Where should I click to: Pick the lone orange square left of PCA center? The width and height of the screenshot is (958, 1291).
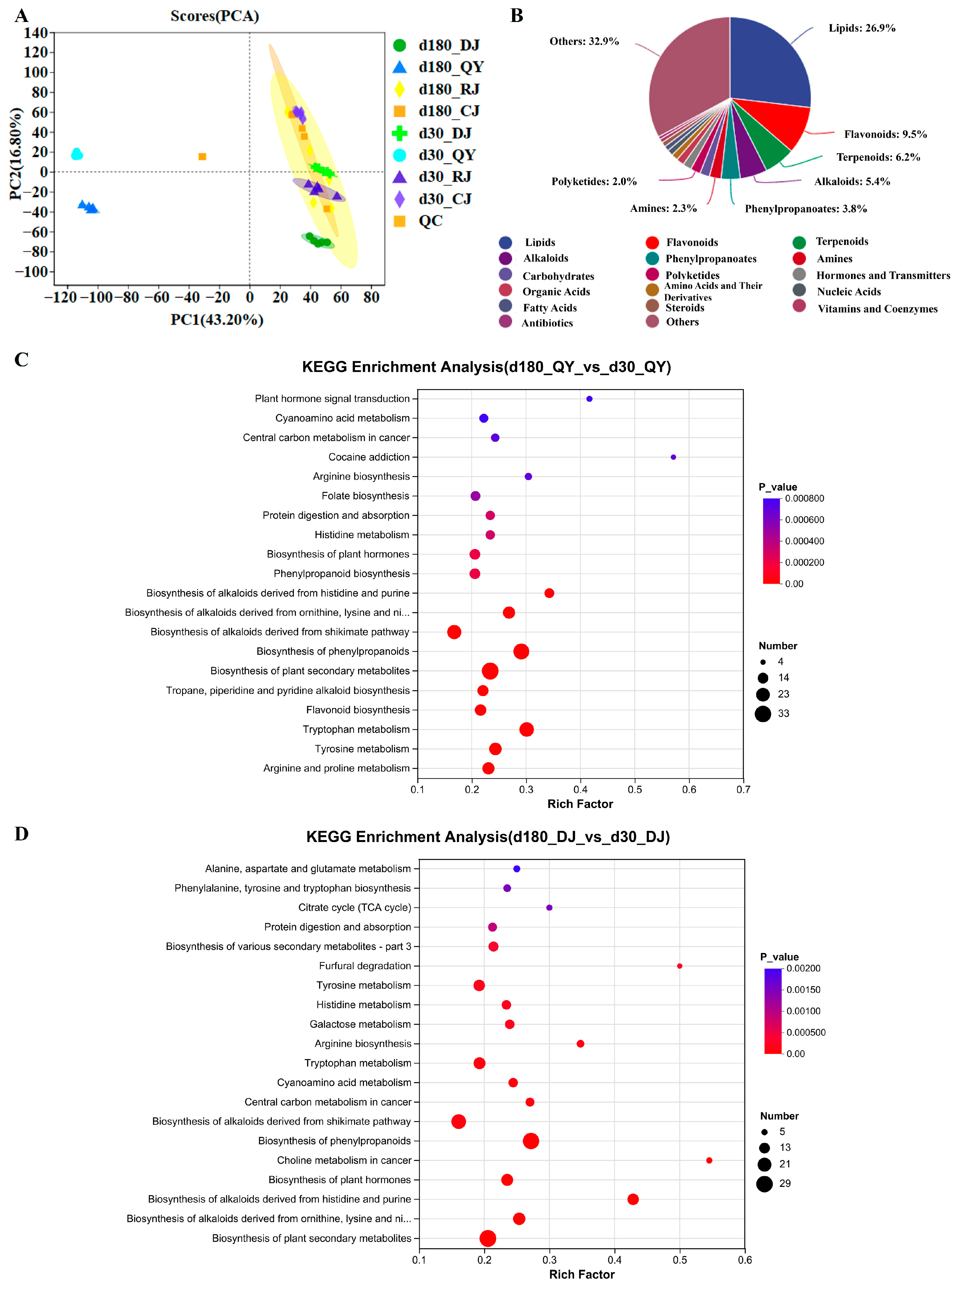coord(202,157)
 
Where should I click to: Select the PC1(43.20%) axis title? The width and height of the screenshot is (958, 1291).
coord(217,320)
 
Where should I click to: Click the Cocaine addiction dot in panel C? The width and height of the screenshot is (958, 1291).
coord(673,457)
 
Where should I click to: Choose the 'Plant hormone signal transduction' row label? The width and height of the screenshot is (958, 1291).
coord(332,398)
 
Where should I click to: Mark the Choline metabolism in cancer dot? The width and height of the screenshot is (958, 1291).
coord(709,1160)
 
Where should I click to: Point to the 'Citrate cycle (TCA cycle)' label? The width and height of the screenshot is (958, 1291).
coord(354,907)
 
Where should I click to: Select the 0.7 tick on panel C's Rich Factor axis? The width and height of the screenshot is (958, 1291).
coord(743,789)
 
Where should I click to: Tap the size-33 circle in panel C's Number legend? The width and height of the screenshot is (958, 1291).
coord(763,713)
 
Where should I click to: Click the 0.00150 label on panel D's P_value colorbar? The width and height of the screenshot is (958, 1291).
coord(803,989)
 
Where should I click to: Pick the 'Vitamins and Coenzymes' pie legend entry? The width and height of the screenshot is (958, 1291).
coord(877,309)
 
